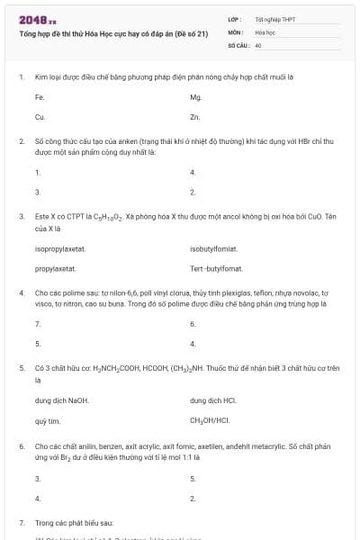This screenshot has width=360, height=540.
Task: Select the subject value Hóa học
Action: pos(265,31)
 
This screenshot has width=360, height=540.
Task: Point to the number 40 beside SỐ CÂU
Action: pos(258,44)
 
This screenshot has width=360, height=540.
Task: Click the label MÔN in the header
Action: pos(235,31)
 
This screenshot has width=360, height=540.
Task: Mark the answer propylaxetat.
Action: pos(55,269)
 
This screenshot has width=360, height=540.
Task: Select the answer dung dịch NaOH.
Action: pos(61,400)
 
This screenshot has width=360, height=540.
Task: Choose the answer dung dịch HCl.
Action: pos(213,400)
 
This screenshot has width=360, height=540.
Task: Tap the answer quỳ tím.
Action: pos(47,420)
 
